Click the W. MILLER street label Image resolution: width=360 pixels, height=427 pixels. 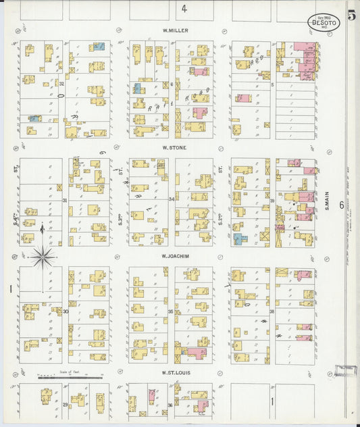175,31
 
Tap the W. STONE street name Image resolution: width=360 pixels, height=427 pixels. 174,147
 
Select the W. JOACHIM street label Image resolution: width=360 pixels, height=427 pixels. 174,256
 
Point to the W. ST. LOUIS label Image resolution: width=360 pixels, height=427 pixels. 174,372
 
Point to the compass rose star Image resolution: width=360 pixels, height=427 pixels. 43,257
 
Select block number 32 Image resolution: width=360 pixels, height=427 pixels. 61,84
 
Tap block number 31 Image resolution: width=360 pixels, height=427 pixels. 65,201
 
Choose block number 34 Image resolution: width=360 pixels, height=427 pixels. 172,200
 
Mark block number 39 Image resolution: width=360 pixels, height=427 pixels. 272,201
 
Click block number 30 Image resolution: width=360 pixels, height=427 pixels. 65,311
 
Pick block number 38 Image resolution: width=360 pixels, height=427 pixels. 272,311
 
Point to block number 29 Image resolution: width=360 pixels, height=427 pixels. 65,404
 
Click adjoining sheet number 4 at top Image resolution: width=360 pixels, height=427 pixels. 183,9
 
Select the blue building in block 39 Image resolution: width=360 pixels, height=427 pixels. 238,238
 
